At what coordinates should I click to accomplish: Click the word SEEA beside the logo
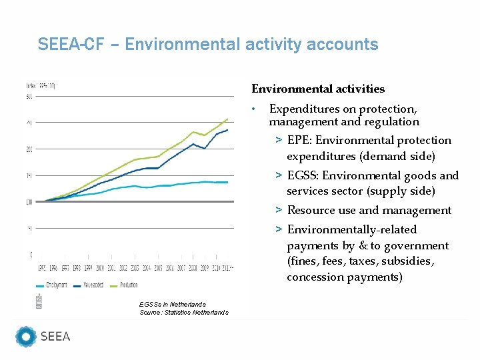(55, 337)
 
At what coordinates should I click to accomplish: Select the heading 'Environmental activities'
(317, 89)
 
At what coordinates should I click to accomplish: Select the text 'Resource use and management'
(369, 211)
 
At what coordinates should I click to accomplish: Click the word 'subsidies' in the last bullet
(409, 261)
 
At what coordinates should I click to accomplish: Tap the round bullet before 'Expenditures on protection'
(253, 109)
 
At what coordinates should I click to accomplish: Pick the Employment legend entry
(53, 285)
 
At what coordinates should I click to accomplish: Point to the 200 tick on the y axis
(29, 149)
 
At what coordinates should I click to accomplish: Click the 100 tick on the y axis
(29, 202)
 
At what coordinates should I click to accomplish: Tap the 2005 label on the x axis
(158, 268)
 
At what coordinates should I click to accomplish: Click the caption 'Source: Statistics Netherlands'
(184, 312)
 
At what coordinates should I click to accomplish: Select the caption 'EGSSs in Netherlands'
(173, 304)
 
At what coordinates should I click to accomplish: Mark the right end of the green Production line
(228, 119)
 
